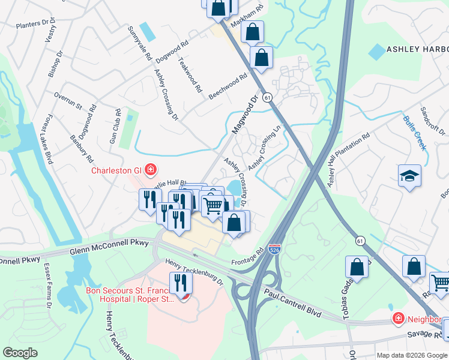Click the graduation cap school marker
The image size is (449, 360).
pyautogui.click(x=409, y=176)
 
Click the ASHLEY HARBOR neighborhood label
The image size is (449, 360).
pyautogui.click(x=417, y=49)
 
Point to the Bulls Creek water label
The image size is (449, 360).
pyautogui.click(x=415, y=133)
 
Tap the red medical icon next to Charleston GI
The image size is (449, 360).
pyautogui.click(x=148, y=170)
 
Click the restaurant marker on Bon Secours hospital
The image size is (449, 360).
pyautogui.click(x=178, y=284)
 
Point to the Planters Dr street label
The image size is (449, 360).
pyautogui.click(x=36, y=24)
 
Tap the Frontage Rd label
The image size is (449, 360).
pyautogui.click(x=247, y=258)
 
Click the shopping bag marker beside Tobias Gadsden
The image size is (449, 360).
pyautogui.click(x=357, y=268)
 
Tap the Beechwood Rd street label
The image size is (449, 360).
pyautogui.click(x=228, y=86)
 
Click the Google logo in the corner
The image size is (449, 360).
pyautogui.click(x=20, y=353)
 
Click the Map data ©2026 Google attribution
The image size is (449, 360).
pyautogui.click(x=411, y=355)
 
